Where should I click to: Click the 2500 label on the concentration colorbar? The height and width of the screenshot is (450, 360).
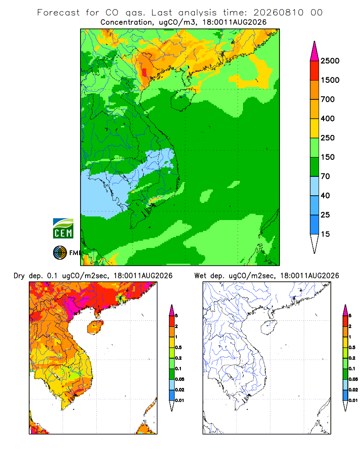[330, 61]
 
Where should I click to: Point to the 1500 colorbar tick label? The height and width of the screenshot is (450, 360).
[330, 80]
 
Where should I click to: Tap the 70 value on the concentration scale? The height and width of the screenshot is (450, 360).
[325, 176]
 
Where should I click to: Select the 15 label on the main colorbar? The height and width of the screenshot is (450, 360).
[325, 234]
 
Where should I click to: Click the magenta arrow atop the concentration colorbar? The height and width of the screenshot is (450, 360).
[315, 51]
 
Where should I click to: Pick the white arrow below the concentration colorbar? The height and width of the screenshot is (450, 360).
[315, 243]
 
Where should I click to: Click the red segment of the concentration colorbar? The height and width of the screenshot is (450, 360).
[315, 71]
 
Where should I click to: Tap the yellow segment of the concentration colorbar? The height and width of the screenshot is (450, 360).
[315, 128]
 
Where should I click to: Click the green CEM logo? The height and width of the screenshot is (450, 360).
[63, 229]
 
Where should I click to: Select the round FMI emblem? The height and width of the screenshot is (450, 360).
[60, 253]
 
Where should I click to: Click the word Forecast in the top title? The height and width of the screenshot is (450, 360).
[58, 13]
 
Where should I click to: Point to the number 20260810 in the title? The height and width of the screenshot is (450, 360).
[278, 13]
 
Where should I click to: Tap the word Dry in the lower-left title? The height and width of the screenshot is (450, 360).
[19, 276]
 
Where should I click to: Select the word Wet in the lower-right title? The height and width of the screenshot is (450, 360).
[200, 276]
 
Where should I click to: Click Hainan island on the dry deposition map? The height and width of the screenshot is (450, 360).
[95, 328]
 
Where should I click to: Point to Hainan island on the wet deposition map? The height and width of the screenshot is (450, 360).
[269, 328]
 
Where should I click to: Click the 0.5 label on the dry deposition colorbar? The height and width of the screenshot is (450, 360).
[178, 347]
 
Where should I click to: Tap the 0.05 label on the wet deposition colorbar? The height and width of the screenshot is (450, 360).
[353, 379]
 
